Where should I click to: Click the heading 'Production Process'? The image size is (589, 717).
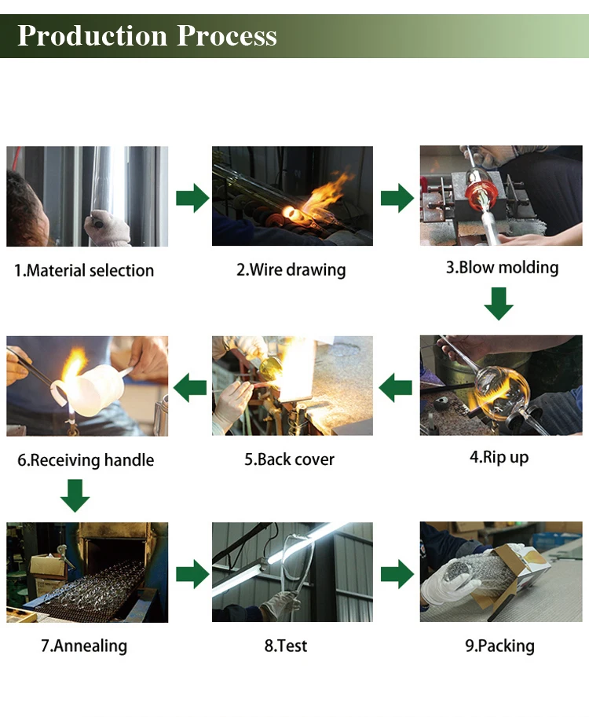coord(147,35)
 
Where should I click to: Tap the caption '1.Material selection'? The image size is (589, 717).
coord(84,271)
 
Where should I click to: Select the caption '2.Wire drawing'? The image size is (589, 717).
coord(291,270)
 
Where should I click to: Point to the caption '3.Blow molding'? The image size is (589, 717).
coord(502,268)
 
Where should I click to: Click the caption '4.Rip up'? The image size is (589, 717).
coord(499,457)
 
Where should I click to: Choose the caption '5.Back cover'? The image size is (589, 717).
coord(289,459)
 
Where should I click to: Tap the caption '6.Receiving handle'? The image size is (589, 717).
coord(86,460)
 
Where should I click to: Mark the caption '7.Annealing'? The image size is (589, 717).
coord(84,646)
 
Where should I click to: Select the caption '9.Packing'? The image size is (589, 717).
coord(499,646)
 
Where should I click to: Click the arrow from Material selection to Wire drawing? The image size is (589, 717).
coord(192,198)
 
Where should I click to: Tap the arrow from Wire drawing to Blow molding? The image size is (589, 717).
coord(397,198)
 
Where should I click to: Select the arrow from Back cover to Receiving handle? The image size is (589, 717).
coord(190,387)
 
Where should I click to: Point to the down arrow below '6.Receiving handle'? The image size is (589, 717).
coord(74,495)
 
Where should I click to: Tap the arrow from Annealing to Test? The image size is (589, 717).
coord(192,574)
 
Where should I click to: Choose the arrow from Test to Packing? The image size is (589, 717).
coord(397,574)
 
